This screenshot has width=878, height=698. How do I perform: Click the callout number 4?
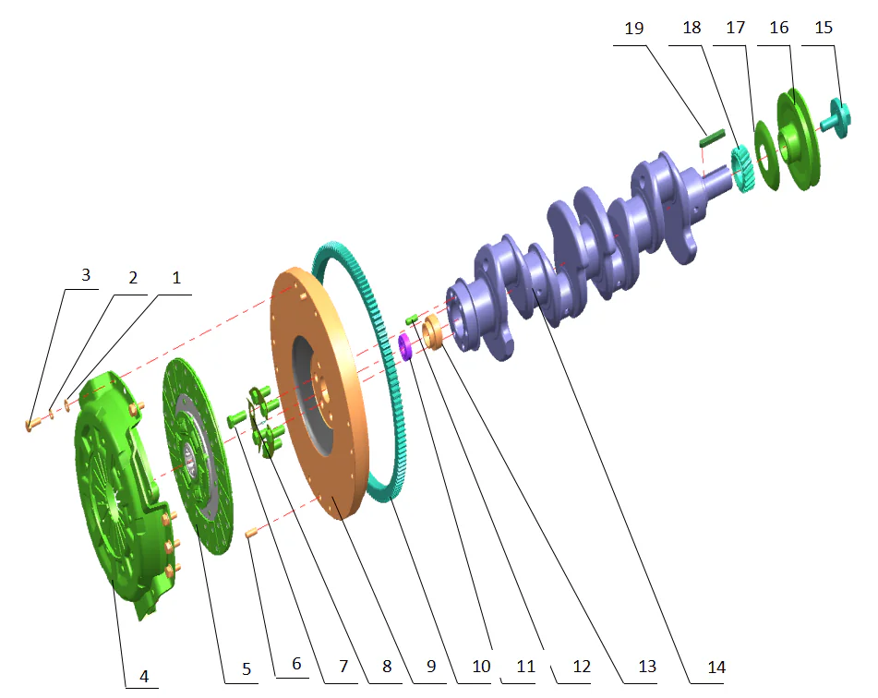click(143, 677)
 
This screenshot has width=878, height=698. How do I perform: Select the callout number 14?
click(716, 667)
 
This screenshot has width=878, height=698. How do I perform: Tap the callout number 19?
click(633, 29)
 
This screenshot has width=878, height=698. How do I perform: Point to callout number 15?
click(824, 29)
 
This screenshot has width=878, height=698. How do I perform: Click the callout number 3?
click(85, 275)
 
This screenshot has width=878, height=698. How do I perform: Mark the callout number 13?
click(647, 667)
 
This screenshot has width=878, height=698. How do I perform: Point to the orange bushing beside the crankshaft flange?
click(432, 332)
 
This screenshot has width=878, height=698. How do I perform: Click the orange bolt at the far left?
click(31, 424)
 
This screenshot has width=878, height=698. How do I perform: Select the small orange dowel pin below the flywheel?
click(249, 532)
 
